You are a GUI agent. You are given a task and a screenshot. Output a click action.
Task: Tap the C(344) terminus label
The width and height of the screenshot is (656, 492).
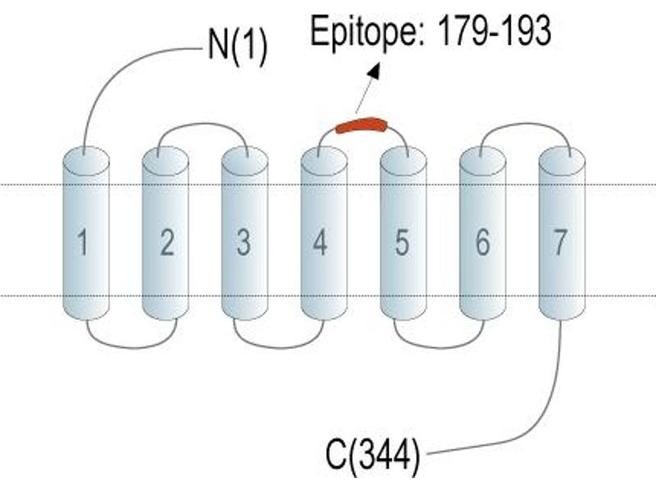[x=372, y=456]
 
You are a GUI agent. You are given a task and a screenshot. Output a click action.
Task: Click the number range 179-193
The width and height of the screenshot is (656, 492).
[x=494, y=30]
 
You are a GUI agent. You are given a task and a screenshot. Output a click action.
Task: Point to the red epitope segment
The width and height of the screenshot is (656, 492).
[x=362, y=125]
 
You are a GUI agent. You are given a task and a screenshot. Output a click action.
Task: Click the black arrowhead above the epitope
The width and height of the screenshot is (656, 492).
[x=374, y=71]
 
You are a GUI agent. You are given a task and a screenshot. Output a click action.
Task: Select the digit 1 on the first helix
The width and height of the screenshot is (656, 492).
[x=83, y=241]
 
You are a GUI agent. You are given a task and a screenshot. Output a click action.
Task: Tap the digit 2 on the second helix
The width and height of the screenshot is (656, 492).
[x=167, y=241]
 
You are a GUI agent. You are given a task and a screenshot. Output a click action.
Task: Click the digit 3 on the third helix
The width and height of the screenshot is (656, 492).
[x=244, y=241]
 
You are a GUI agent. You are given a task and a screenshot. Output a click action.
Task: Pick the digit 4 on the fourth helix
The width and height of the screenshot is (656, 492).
[x=320, y=241]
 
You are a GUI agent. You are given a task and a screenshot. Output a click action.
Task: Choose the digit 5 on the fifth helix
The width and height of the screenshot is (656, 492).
[x=402, y=241]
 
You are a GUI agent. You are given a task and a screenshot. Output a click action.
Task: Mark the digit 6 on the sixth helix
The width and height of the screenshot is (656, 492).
[x=482, y=241]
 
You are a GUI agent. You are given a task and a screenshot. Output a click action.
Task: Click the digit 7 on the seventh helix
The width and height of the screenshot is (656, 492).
[x=560, y=241]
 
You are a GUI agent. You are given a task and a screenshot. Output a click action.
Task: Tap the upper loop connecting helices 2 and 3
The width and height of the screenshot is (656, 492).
[x=203, y=124]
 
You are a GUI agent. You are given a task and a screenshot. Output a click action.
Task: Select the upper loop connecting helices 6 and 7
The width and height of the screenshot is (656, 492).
[x=526, y=124]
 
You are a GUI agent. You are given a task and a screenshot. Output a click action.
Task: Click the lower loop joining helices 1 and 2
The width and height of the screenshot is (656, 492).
[x=132, y=347]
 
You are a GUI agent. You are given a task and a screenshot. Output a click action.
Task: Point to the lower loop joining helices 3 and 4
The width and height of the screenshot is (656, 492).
[x=279, y=347]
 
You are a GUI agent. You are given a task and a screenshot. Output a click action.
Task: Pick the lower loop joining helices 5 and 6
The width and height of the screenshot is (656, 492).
[x=440, y=347]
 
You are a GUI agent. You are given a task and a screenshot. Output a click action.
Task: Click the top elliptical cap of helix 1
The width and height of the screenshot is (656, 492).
[x=86, y=161]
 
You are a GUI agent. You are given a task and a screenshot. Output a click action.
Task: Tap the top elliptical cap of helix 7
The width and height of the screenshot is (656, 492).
[x=562, y=161]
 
